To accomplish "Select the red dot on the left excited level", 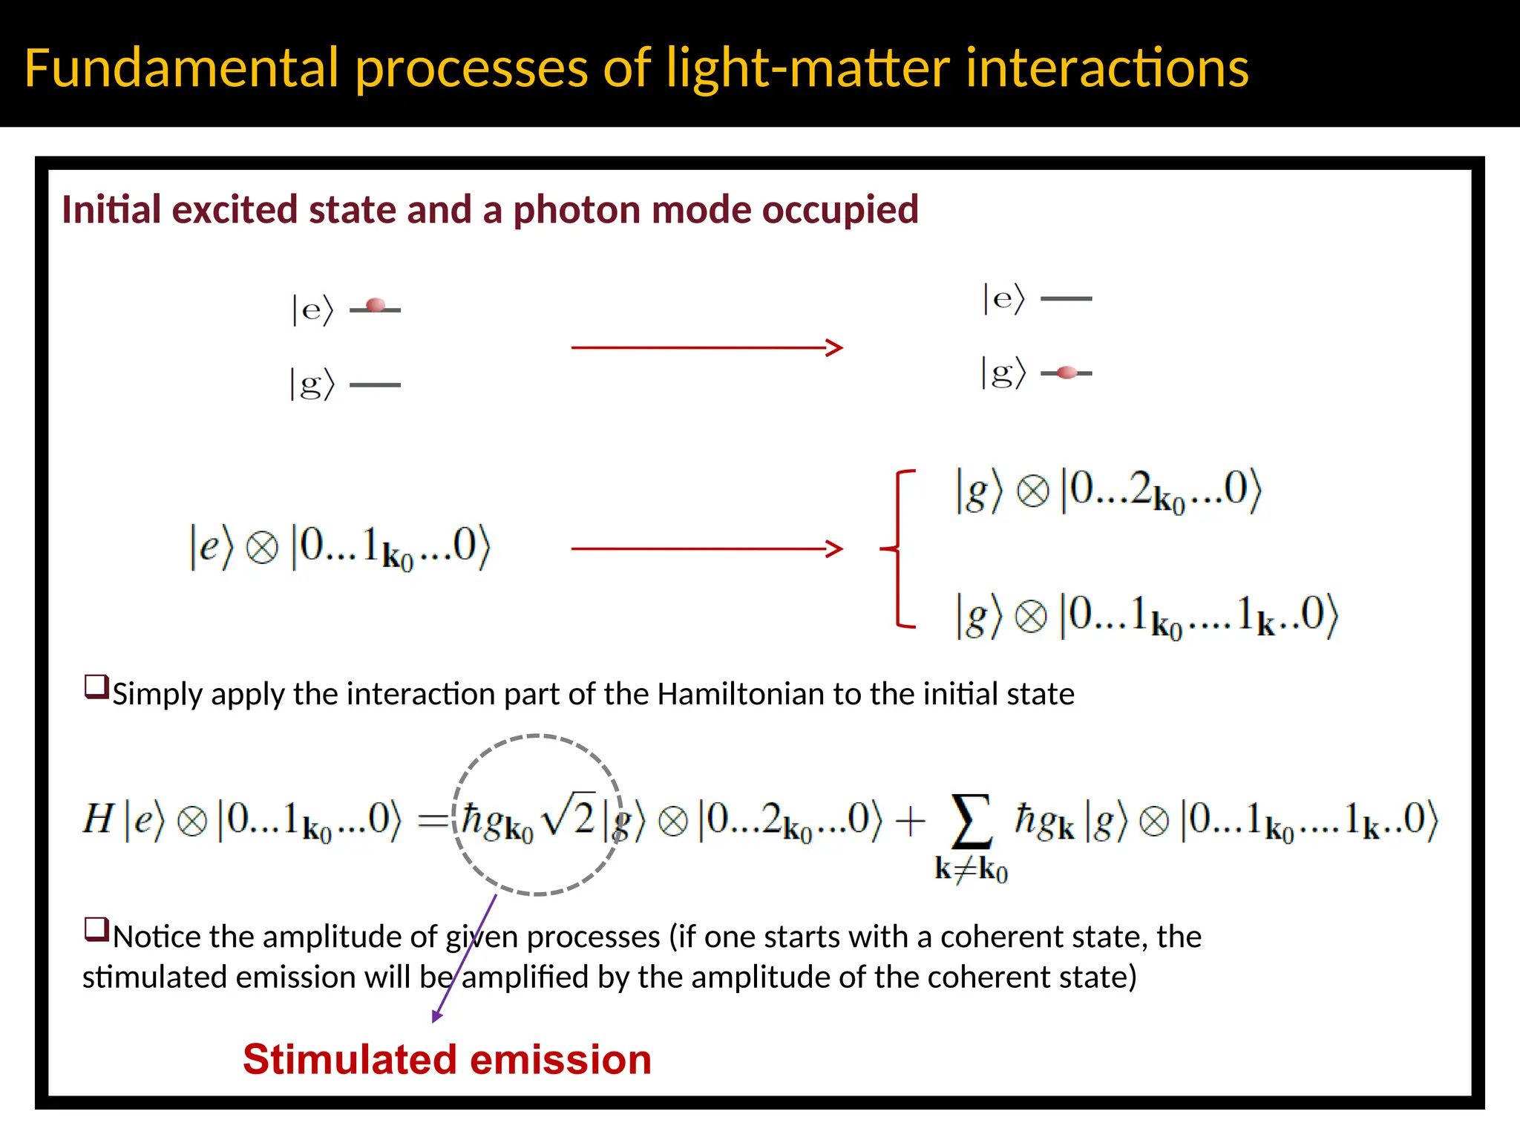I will pyautogui.click(x=376, y=305).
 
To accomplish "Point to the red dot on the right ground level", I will pyautogui.click(x=1067, y=373).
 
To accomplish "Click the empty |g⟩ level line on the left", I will pyautogui.click(x=375, y=384).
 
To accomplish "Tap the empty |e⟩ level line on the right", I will pyautogui.click(x=1067, y=298).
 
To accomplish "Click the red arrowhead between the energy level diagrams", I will pyautogui.click(x=835, y=347).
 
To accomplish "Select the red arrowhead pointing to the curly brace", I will pyautogui.click(x=835, y=548).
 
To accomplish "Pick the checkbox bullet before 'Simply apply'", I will pyautogui.click(x=96, y=687).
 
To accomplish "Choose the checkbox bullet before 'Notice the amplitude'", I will pyautogui.click(x=96, y=929).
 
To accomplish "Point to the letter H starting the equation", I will pyautogui.click(x=98, y=819).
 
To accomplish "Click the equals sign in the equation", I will pyautogui.click(x=433, y=820).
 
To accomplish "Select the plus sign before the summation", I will pyautogui.click(x=910, y=821).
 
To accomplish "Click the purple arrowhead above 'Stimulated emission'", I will pyautogui.click(x=437, y=1016).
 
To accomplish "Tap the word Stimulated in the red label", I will pyautogui.click(x=349, y=1059).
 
